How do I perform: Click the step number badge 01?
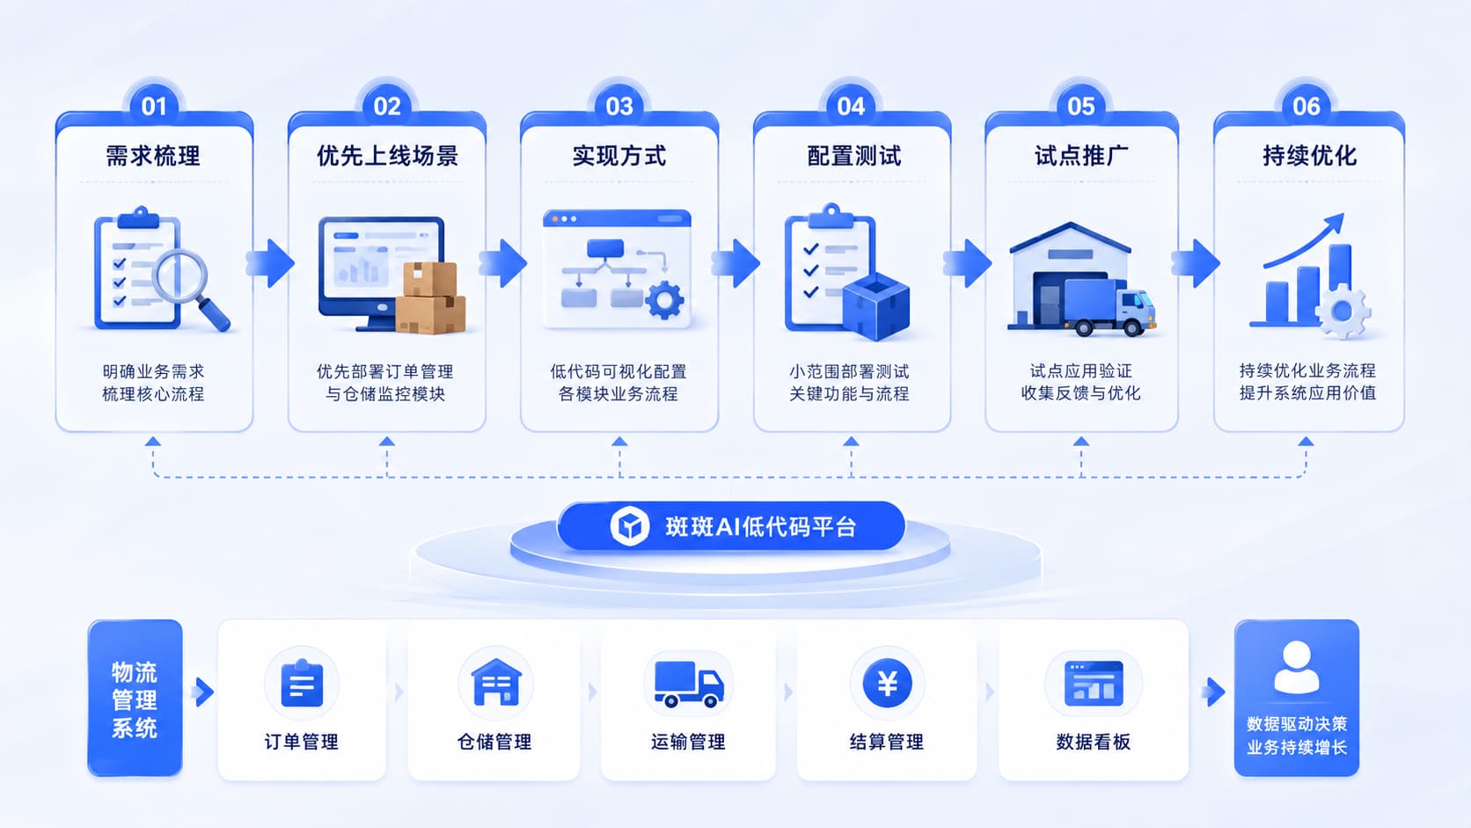(x=154, y=106)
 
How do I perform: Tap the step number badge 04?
(x=851, y=106)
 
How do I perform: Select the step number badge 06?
(x=1306, y=106)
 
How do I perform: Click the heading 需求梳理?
(x=153, y=157)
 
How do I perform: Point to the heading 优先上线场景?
(x=387, y=157)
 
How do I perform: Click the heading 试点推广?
(x=1081, y=157)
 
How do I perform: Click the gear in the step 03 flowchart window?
(x=664, y=300)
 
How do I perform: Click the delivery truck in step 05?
(x=1109, y=307)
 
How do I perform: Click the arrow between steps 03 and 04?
(x=735, y=263)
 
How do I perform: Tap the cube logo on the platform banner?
(x=630, y=526)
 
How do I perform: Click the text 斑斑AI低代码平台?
(x=760, y=526)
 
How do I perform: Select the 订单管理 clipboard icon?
(x=302, y=683)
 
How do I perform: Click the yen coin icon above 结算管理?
(x=887, y=684)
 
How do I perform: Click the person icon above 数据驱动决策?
(x=1296, y=667)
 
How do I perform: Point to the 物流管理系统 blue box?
(x=135, y=698)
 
